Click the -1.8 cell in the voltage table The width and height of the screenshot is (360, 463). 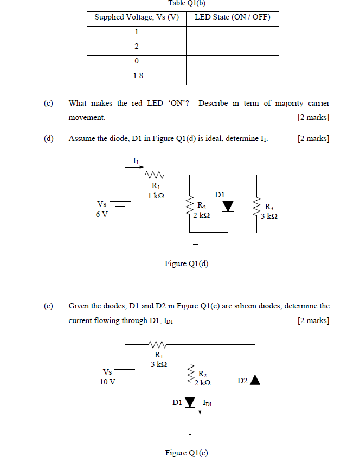[136, 76]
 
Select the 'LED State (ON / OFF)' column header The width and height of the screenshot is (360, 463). [232, 17]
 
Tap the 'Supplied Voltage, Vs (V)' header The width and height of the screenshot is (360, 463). [136, 17]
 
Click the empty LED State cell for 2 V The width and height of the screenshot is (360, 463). [232, 47]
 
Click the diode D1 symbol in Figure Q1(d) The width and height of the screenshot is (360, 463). [228, 206]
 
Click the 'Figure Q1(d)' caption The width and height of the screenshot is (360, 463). [187, 264]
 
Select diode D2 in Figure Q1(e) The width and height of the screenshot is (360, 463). [254, 380]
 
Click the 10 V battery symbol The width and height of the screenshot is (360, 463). [125, 373]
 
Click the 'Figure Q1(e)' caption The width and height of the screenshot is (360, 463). [187, 453]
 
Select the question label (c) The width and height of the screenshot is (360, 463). [49, 103]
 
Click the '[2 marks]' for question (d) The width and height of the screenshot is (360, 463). [313, 139]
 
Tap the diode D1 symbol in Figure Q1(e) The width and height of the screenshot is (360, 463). [190, 402]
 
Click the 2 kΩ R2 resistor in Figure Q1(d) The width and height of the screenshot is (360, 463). [190, 206]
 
